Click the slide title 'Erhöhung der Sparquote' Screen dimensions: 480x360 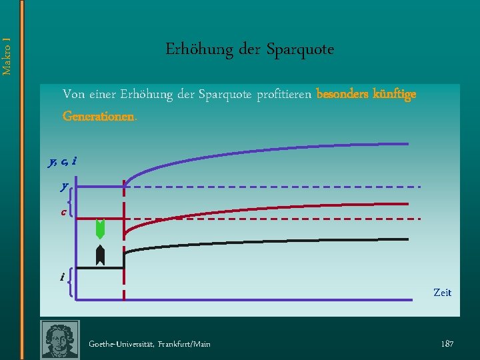pyautogui.click(x=249, y=50)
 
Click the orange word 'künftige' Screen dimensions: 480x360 pyautogui.click(x=395, y=94)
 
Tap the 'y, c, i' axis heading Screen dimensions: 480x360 pyautogui.click(x=62, y=161)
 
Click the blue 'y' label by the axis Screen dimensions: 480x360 pyautogui.click(x=64, y=187)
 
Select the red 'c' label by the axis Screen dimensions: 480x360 pyautogui.click(x=63, y=213)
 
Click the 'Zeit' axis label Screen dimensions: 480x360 pyautogui.click(x=442, y=293)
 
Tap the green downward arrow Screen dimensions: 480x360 pyautogui.click(x=101, y=229)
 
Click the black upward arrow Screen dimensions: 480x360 pyautogui.click(x=101, y=255)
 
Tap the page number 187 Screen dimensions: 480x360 pyautogui.click(x=447, y=343)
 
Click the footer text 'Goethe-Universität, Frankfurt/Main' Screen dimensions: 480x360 pyautogui.click(x=150, y=344)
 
